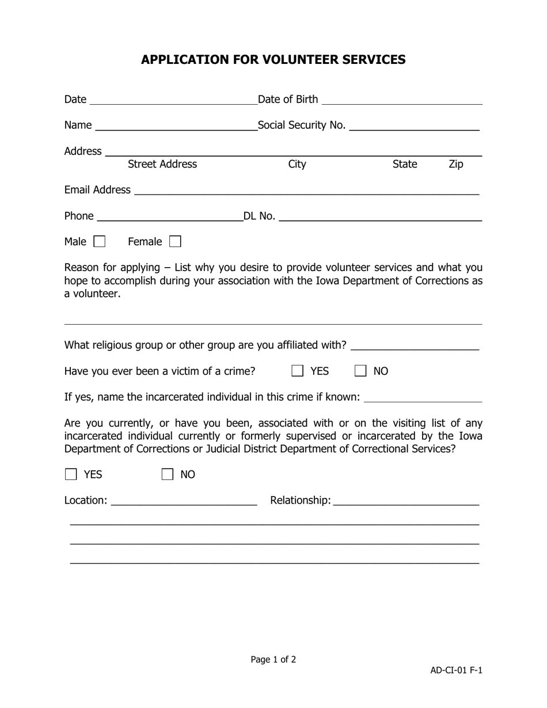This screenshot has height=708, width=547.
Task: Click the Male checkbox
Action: pos(100,242)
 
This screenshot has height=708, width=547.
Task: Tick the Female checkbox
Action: pos(175,242)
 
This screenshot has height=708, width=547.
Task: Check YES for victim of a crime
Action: pos(298,371)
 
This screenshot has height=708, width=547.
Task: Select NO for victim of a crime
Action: pos(360,371)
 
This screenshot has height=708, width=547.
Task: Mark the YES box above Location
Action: pos(71,474)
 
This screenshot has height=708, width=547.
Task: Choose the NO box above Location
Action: pos(168,474)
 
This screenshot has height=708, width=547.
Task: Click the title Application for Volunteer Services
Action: pos(273,60)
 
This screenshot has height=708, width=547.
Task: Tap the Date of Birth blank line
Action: pos(402,100)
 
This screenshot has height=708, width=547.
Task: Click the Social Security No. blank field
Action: pos(414,126)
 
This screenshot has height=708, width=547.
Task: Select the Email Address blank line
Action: pos(306,190)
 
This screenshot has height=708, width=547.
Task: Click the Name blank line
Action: pos(177,126)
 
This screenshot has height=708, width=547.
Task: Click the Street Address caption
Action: pos(162,165)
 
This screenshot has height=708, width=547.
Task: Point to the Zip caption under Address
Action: pos(455,165)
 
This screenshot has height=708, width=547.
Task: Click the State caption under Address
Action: pos(404,165)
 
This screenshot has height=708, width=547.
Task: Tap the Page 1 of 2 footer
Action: pos(273,660)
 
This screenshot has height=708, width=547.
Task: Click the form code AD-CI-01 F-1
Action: pos(456,670)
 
